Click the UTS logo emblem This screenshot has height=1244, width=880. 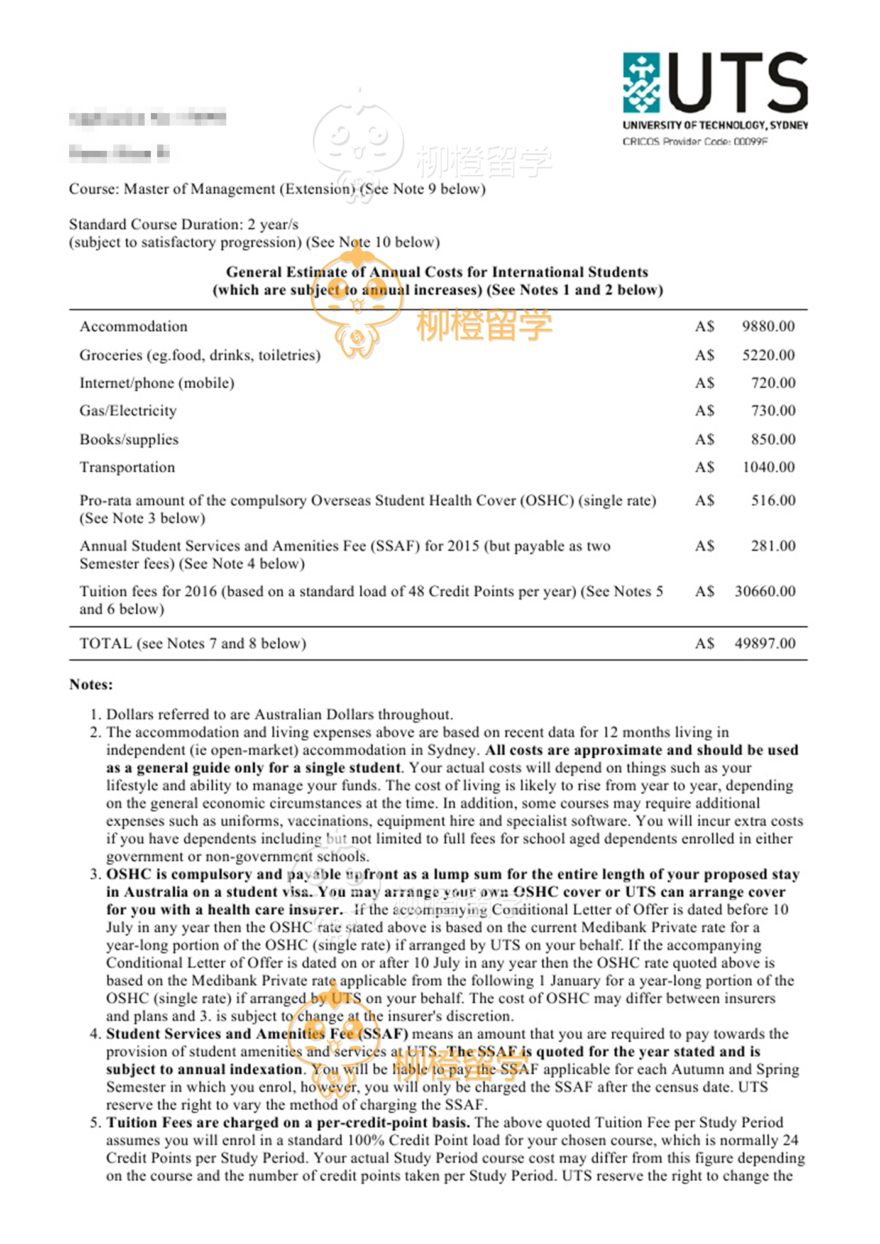(641, 82)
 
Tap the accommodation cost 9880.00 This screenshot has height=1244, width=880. (768, 327)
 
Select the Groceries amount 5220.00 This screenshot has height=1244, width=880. (768, 356)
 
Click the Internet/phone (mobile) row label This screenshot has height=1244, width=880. (157, 383)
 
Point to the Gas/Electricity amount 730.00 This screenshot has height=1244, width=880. (773, 411)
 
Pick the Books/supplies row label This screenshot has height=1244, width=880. (129, 440)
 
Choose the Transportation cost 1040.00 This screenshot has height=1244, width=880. (768, 467)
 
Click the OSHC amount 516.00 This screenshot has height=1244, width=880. (773, 501)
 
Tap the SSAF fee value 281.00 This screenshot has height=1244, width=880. (773, 546)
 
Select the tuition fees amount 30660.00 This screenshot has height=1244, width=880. (765, 591)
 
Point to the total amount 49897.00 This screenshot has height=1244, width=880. (765, 643)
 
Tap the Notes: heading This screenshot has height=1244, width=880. (91, 685)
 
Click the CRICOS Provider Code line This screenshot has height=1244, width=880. (695, 142)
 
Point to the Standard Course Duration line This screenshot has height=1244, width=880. (184, 225)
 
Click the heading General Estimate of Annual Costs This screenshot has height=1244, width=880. (437, 272)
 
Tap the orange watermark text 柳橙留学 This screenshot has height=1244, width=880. (484, 325)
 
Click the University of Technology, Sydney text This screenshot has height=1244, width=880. (715, 126)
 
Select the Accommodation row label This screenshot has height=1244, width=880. (133, 327)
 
